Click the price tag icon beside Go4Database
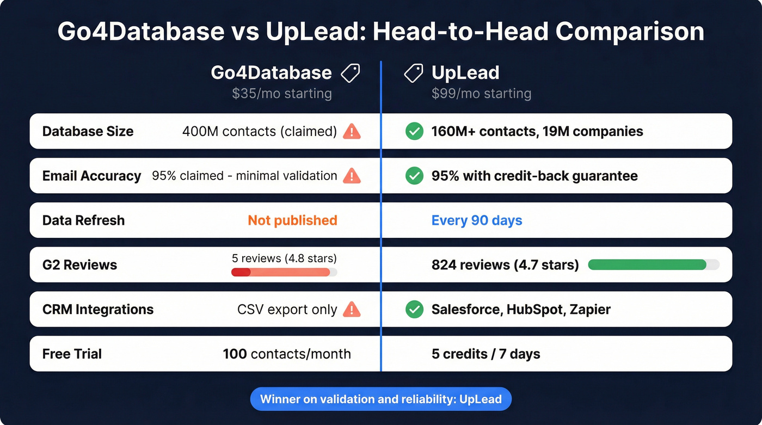click(x=350, y=73)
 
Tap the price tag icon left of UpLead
click(x=414, y=73)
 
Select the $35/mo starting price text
click(x=281, y=94)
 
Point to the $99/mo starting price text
click(x=481, y=94)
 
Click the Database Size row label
click(x=88, y=131)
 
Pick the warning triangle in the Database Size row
click(x=352, y=131)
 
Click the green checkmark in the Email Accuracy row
click(x=414, y=176)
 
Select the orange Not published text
click(x=292, y=220)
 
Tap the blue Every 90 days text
click(x=476, y=220)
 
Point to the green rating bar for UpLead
click(x=648, y=265)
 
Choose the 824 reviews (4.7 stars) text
click(x=505, y=265)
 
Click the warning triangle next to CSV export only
click(x=352, y=310)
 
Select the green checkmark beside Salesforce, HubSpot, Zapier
click(x=414, y=310)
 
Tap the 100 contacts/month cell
click(x=287, y=354)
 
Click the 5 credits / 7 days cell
click(x=486, y=354)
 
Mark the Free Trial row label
click(x=72, y=354)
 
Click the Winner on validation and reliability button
click(x=380, y=399)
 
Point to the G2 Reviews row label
click(x=79, y=265)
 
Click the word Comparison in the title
click(x=630, y=31)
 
